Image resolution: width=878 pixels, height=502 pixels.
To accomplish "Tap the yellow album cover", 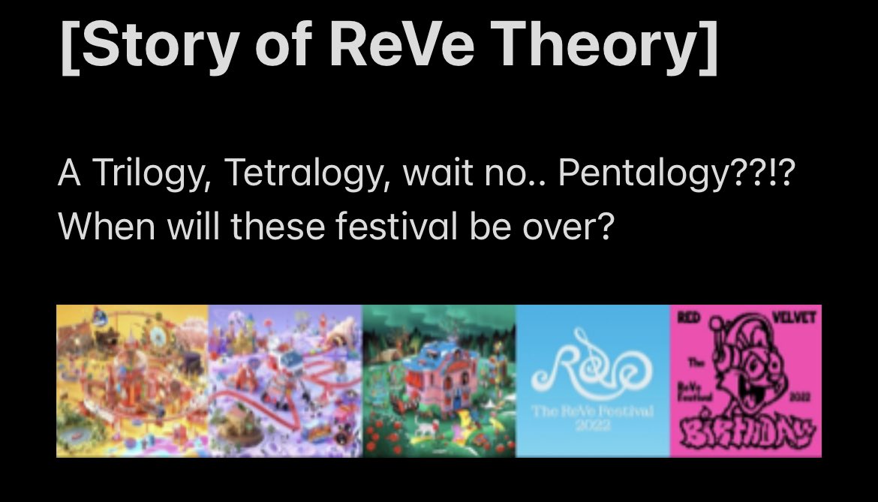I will coord(133,380).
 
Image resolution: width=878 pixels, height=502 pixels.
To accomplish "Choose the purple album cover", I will coord(286,380).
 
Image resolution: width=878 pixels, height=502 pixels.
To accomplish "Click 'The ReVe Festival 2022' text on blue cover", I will coord(592,416).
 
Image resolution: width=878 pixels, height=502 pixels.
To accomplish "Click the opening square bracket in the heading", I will coord(71,47).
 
